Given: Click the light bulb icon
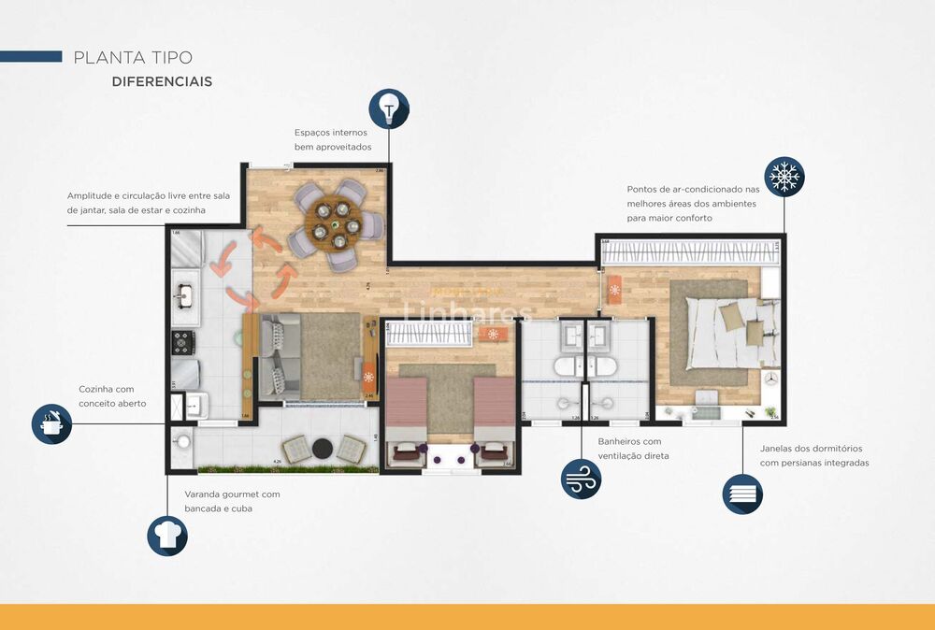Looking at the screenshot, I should (x=389, y=108).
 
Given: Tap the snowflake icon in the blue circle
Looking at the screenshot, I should (x=784, y=176).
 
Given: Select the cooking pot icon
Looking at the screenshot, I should (x=51, y=423).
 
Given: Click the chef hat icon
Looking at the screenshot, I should (x=167, y=536).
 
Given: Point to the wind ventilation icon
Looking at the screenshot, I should (x=581, y=479).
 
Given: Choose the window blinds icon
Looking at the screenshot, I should (x=742, y=494).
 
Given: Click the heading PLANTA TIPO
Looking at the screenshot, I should (x=133, y=58).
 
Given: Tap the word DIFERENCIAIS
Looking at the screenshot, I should (x=162, y=82).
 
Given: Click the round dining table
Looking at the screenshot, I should (x=335, y=227).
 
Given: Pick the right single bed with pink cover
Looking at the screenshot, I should (x=494, y=419).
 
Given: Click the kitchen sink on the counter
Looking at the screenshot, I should (x=183, y=295).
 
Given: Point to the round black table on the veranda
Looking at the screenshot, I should (x=323, y=447).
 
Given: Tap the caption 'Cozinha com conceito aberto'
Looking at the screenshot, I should (x=107, y=396).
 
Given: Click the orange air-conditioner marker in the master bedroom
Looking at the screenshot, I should (x=614, y=289).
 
